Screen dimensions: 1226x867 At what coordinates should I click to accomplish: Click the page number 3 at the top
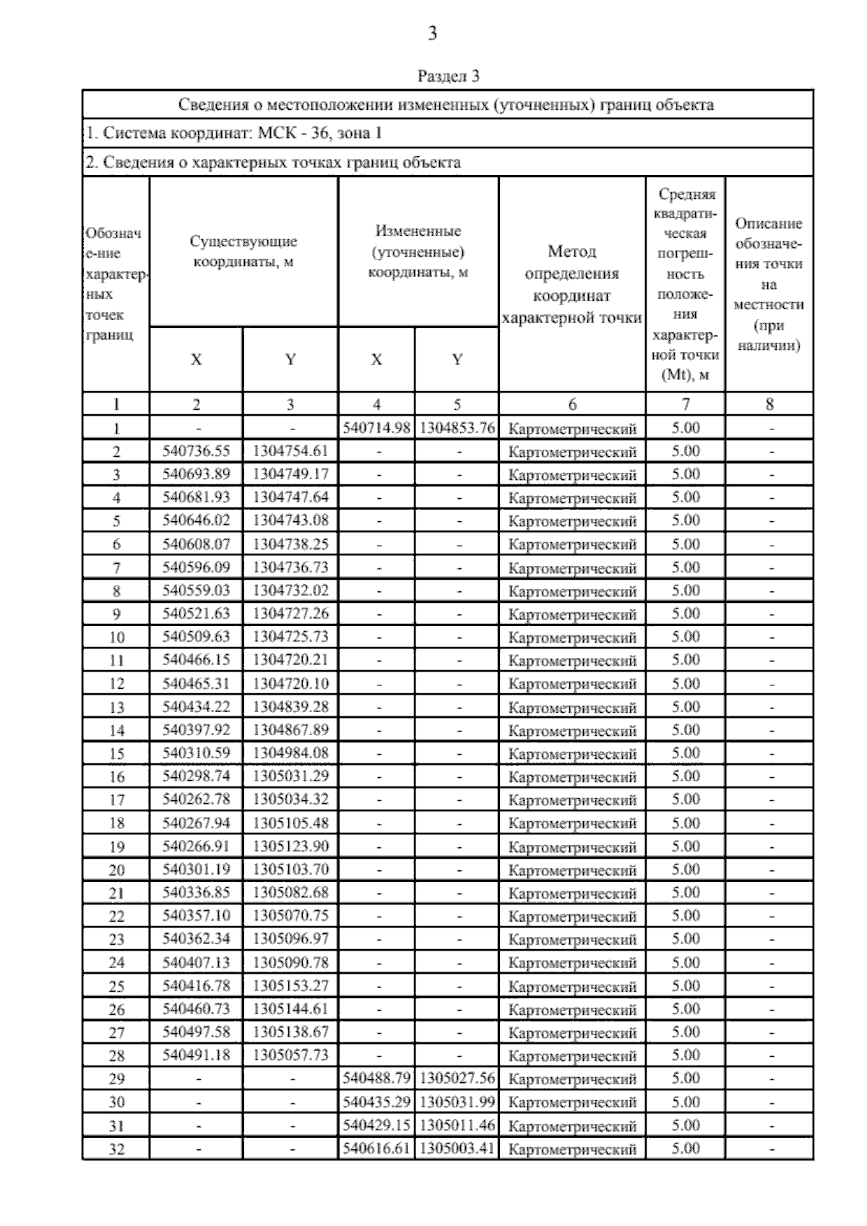click(432, 33)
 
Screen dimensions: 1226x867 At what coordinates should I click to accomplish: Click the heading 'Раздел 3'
click(448, 76)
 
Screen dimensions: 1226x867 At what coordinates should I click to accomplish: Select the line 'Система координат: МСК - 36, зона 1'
click(233, 133)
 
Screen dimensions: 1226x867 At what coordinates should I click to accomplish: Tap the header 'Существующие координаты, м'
click(243, 252)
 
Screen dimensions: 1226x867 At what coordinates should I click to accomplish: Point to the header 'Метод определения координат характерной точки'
click(571, 285)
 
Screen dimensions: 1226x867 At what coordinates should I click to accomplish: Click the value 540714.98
click(376, 428)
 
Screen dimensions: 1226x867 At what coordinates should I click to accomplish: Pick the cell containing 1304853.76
click(457, 428)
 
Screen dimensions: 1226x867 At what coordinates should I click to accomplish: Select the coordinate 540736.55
click(196, 451)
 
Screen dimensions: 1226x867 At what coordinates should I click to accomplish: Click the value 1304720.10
click(290, 683)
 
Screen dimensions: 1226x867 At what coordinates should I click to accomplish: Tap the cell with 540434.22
click(196, 707)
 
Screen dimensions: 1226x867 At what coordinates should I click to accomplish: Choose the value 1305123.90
click(290, 846)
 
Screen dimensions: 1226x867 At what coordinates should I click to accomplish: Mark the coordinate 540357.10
click(196, 916)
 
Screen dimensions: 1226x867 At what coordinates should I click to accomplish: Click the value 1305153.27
click(290, 986)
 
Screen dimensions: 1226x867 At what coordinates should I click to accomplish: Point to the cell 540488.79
click(376, 1079)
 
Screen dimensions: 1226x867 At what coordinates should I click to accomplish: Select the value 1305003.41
click(457, 1148)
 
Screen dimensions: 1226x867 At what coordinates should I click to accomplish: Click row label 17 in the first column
click(116, 800)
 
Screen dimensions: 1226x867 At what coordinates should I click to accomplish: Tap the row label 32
click(116, 1149)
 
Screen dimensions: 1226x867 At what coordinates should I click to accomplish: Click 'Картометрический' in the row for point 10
click(572, 638)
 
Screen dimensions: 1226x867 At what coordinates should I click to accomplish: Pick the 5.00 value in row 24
click(686, 962)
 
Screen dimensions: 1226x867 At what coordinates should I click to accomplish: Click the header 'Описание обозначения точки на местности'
click(769, 285)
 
